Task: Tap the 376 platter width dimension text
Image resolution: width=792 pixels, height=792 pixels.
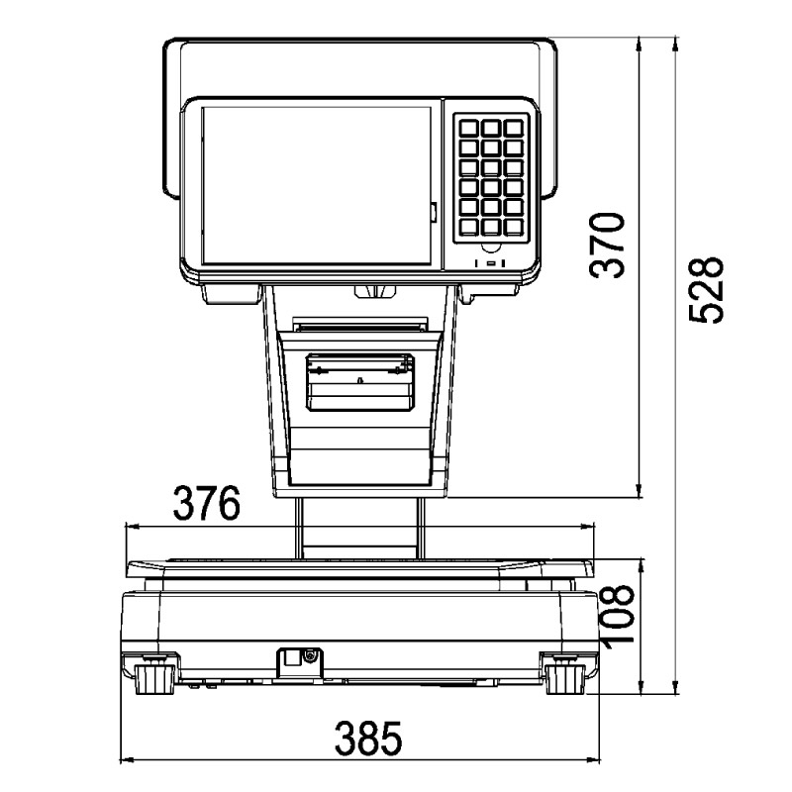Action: (x=207, y=504)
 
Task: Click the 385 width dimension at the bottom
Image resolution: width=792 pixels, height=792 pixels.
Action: (x=366, y=739)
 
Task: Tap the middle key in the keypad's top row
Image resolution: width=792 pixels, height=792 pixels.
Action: (x=490, y=128)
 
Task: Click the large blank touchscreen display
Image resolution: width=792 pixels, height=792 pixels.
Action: (x=317, y=185)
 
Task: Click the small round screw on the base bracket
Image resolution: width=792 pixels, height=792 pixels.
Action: (x=311, y=655)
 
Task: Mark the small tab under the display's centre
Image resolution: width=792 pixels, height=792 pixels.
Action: (x=373, y=289)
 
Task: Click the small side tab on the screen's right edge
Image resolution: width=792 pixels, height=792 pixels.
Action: (x=434, y=211)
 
